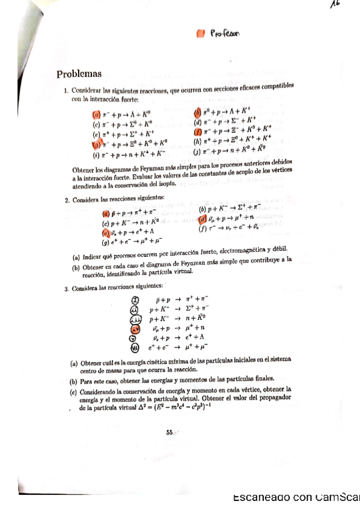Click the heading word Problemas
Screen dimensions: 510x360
[x=79, y=75]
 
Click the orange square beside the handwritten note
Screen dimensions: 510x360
[x=201, y=34]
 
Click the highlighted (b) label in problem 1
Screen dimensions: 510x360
[x=197, y=111]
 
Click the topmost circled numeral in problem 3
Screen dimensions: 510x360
[x=135, y=300]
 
